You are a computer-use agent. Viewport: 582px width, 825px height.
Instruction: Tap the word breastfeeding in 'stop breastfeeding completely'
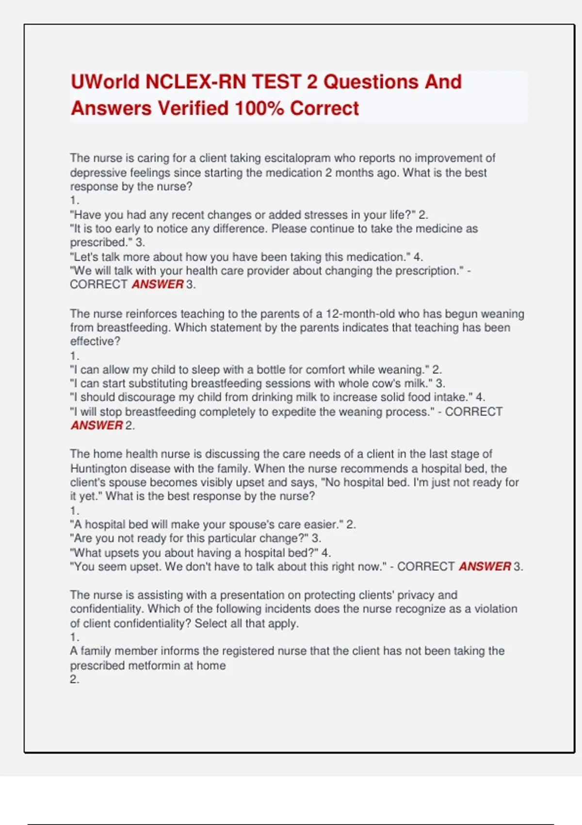coord(161,412)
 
